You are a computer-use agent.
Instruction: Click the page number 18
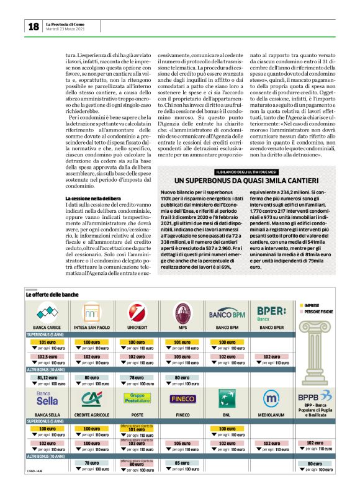[x=32, y=27]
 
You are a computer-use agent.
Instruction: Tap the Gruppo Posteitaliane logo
[x=137, y=397]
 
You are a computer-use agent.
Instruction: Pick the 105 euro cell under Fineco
[x=182, y=444]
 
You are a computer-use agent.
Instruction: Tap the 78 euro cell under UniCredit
[x=137, y=377]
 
